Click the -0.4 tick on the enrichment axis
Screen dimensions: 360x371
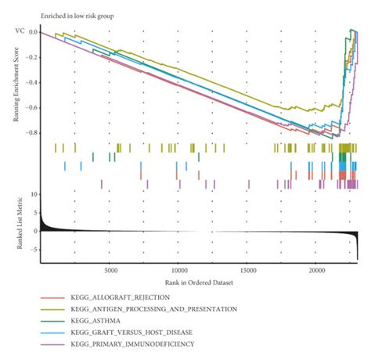coord(31,82)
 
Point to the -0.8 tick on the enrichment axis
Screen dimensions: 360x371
coord(31,133)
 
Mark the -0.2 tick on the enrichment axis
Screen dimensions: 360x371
coord(31,57)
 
